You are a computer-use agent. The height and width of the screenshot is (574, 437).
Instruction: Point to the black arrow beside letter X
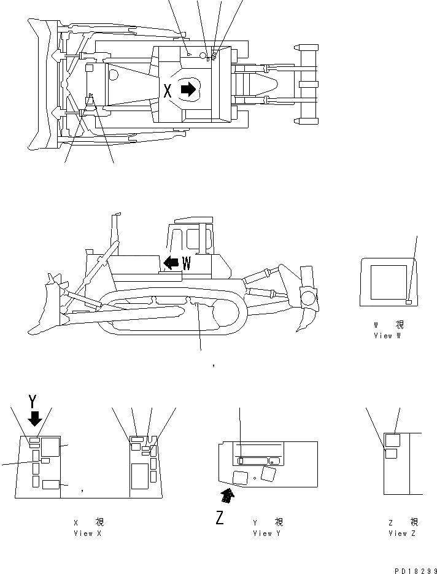coord(188,90)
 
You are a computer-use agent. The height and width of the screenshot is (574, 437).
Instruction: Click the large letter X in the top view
coord(168,91)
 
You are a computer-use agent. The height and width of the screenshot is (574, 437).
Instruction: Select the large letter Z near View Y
coord(219,518)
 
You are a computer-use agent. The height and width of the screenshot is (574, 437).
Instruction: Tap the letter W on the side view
coord(187,263)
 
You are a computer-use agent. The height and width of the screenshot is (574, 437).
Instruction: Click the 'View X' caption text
coord(88,533)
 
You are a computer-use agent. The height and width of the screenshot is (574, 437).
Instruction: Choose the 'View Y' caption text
coord(268,533)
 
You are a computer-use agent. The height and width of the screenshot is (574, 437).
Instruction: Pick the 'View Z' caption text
coord(403,533)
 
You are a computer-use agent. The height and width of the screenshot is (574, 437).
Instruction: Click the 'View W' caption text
coord(387,336)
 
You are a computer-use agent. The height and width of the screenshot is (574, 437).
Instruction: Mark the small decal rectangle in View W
coord(409,302)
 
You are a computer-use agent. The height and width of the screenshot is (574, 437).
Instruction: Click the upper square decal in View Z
coord(392,440)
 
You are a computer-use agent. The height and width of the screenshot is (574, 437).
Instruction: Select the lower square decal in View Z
coord(390,454)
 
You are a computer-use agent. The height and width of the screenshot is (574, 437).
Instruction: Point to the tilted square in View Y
coord(268,473)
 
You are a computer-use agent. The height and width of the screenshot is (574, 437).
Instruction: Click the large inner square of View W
coord(385,282)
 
